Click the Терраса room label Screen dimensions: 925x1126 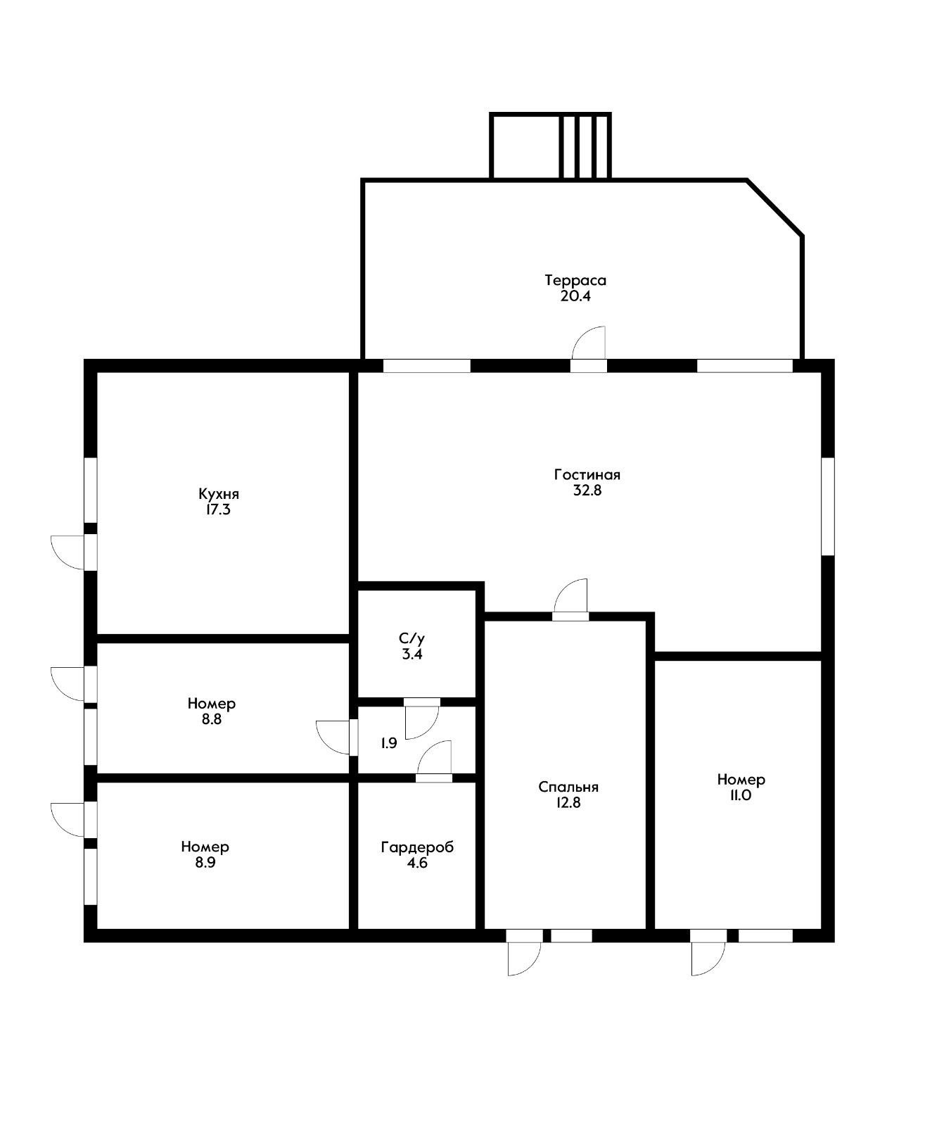point(575,280)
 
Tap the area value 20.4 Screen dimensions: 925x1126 point(575,296)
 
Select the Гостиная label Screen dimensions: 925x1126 point(587,474)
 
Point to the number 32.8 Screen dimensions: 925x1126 point(587,490)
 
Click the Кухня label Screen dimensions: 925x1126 point(219,494)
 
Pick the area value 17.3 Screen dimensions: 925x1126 point(218,510)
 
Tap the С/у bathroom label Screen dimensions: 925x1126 point(412,638)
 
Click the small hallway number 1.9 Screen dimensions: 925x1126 point(389,743)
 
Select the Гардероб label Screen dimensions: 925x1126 point(417,847)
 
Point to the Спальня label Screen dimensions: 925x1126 point(568,787)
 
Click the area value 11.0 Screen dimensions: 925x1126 point(740,795)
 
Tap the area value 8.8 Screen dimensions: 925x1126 point(211,719)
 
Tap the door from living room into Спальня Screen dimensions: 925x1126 point(570,600)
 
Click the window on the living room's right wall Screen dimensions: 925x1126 point(827,506)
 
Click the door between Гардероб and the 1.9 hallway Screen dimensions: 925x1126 point(434,761)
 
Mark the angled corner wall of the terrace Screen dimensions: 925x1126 point(774,207)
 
